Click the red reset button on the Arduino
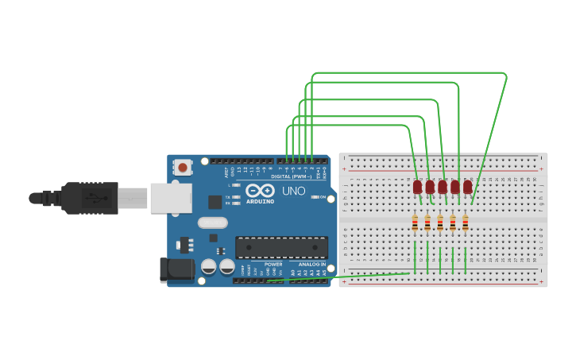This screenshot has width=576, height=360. pyautogui.click(x=183, y=167)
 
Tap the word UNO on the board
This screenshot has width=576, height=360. pyautogui.click(x=294, y=192)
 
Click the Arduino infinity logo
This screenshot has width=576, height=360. pyautogui.click(x=260, y=191)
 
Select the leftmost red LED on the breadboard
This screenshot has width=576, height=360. pyautogui.click(x=417, y=187)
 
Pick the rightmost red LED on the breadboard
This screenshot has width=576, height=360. pyautogui.click(x=467, y=187)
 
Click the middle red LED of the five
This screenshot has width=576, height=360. pyautogui.click(x=443, y=187)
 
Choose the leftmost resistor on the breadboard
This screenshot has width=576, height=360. pyautogui.click(x=415, y=224)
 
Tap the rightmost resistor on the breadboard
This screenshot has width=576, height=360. pyautogui.click(x=465, y=224)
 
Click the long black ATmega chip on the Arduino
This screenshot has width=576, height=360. pyautogui.click(x=281, y=247)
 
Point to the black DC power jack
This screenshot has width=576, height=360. pyautogui.click(x=176, y=269)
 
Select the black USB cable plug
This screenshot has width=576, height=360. pyautogui.click(x=90, y=198)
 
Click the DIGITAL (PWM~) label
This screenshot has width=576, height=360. pyautogui.click(x=291, y=176)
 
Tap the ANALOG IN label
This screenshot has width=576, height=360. pyautogui.click(x=311, y=264)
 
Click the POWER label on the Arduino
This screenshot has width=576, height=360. pyautogui.click(x=273, y=264)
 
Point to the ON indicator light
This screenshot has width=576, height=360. pyautogui.click(x=315, y=197)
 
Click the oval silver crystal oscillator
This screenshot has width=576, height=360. pyautogui.click(x=213, y=223)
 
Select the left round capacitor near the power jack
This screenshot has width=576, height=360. pyautogui.click(x=208, y=267)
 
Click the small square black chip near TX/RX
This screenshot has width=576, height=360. pyautogui.click(x=215, y=202)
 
